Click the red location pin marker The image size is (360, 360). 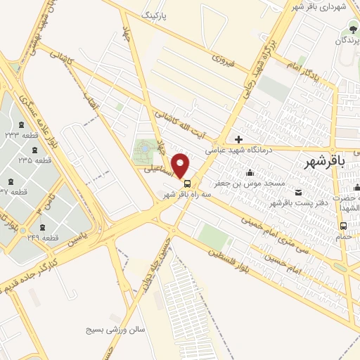point(181,165)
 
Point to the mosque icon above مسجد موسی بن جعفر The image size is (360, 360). point(249,173)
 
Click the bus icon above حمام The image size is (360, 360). point(343,226)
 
